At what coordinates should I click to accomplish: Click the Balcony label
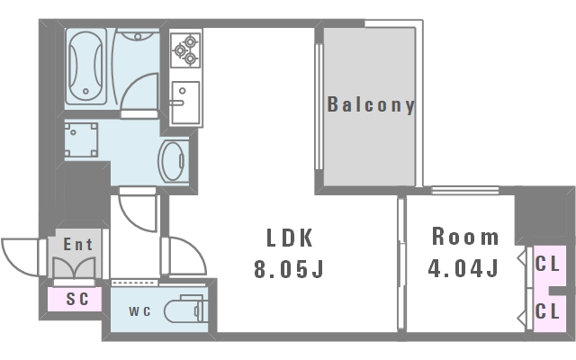[x=371, y=105]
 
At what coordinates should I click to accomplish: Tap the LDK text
[x=290, y=238]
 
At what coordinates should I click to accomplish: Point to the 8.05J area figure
[x=289, y=269]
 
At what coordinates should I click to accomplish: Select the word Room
[x=465, y=236]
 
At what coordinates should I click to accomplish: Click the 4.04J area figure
[x=463, y=268]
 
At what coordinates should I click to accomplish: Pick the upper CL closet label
[x=547, y=264]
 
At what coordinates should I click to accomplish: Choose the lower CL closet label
[x=547, y=311]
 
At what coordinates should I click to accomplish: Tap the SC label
[x=77, y=299]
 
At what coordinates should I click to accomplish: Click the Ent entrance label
[x=78, y=244]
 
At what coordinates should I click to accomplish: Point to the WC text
[x=139, y=311]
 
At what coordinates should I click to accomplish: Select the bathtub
[x=86, y=66]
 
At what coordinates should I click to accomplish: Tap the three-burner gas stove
[x=185, y=50]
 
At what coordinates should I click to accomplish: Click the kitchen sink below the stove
[x=185, y=103]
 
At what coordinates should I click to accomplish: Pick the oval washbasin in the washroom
[x=172, y=161]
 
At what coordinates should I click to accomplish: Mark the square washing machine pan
[x=81, y=140]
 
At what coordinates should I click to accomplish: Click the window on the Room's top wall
[x=464, y=191]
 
